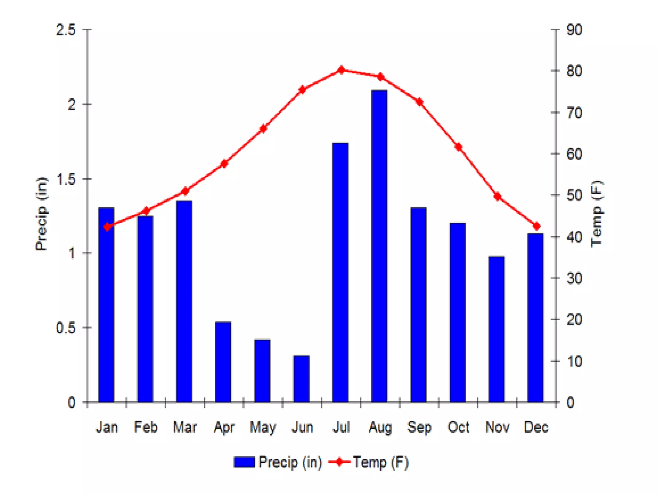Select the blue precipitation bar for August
379,246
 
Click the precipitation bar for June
301,379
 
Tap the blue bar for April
223,362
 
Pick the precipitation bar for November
496,329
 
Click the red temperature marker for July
341,70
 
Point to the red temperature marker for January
107,227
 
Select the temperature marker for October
458,147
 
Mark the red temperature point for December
536,226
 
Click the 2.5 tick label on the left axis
66,30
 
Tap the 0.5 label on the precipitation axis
66,328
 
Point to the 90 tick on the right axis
574,30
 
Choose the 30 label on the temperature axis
574,278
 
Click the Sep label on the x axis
419,427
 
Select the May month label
263,427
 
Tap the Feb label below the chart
146,427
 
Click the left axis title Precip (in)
41,214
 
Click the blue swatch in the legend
244,462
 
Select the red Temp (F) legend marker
339,462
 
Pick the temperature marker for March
185,191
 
